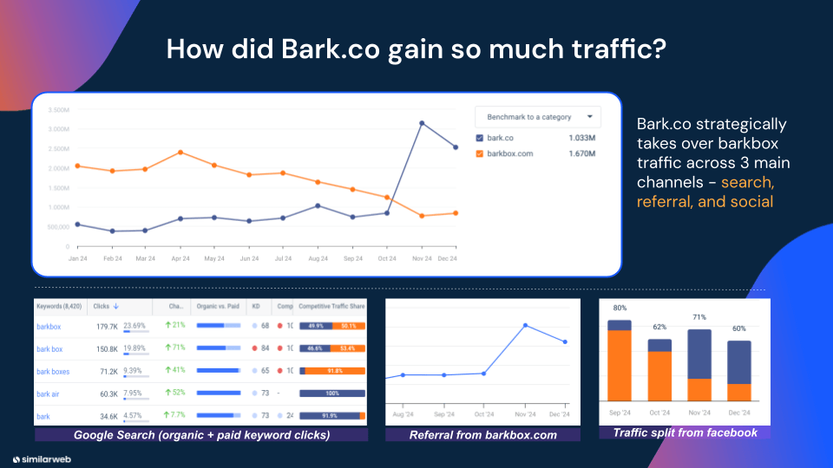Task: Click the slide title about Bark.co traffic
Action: tap(416, 49)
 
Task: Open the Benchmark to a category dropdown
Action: tap(538, 117)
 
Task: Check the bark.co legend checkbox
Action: tap(480, 138)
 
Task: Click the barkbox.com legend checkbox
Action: tap(480, 154)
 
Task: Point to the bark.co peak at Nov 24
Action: tap(422, 123)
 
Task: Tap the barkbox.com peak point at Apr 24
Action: tap(180, 152)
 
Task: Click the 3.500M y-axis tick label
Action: tap(58, 110)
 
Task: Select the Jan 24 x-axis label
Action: tap(78, 258)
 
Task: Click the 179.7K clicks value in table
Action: tap(106, 327)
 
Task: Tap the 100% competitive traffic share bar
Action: tap(332, 394)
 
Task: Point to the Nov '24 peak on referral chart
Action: tap(526, 325)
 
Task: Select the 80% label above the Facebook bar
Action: tap(620, 309)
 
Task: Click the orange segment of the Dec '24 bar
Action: tap(738, 392)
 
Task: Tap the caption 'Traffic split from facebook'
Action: tap(685, 432)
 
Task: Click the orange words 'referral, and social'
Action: tap(705, 202)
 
